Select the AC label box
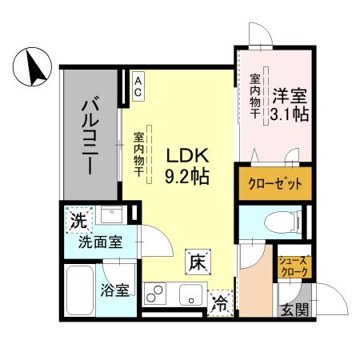(138, 86)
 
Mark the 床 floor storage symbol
(198, 260)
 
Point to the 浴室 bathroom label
(115, 290)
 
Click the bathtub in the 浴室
(81, 290)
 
